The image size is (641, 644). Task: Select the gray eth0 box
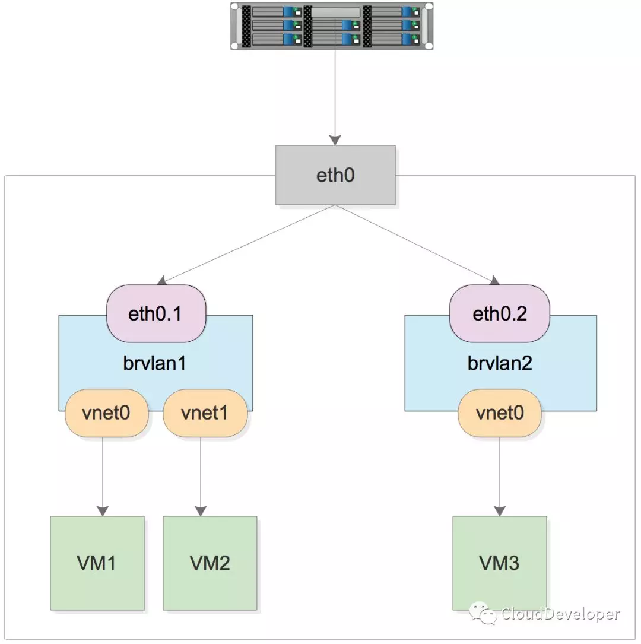[x=335, y=175]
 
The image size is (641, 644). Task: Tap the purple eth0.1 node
[x=156, y=313]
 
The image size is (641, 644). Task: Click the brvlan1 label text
[x=156, y=363]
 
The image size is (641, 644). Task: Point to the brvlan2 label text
[x=500, y=363]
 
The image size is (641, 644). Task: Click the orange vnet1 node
[x=205, y=413]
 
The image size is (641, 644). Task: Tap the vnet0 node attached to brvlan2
[x=499, y=413]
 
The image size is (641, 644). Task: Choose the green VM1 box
[x=97, y=563]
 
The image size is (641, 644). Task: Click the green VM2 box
[x=210, y=563]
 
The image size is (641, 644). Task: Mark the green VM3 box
[x=500, y=563]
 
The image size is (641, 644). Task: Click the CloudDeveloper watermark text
[x=560, y=614]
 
